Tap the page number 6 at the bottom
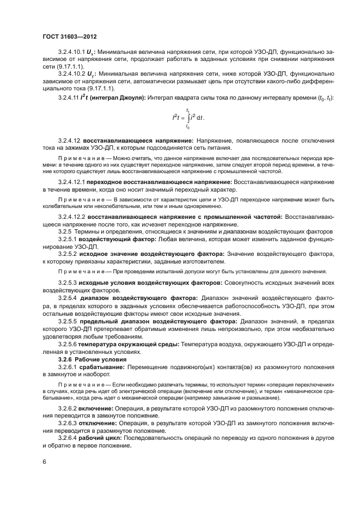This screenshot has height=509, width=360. click(45, 462)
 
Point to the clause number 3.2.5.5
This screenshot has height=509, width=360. click(68, 322)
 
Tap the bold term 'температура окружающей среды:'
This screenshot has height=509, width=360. click(126, 345)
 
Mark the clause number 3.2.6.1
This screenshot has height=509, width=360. click(68, 369)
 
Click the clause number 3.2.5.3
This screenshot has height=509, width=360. click(68, 283)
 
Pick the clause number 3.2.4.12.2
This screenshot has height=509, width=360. click(75, 216)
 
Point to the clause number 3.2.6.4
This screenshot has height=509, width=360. click(68, 438)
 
